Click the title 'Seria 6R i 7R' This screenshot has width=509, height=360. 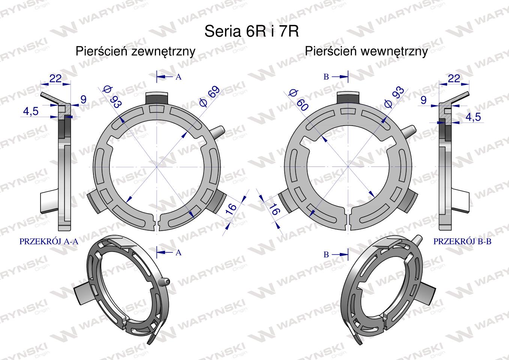coord(252,31)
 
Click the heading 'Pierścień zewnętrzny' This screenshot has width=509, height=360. coord(135,51)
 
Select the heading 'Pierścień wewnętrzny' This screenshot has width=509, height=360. coord(366,51)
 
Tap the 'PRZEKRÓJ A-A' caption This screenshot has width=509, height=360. coord(49,241)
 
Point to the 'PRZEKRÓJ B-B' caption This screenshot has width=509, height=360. coord(462,241)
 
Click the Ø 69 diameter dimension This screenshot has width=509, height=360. coord(209,96)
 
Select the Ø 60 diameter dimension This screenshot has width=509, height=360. coord(299,100)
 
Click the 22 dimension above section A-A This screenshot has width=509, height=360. coord(56,79)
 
